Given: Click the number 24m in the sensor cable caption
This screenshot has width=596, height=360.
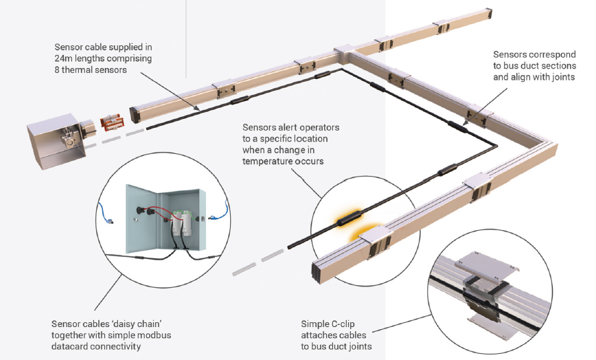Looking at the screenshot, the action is click(63, 58).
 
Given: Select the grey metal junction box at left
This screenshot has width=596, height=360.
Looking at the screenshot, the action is click(57, 140).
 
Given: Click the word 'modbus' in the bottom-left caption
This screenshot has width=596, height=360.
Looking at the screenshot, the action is click(154, 335).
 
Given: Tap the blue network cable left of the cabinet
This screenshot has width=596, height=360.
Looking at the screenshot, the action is click(106, 214).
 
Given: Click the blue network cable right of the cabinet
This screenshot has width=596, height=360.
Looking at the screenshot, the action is click(220, 211).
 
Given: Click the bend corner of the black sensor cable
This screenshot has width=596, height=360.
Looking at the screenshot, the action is click(495, 145).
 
